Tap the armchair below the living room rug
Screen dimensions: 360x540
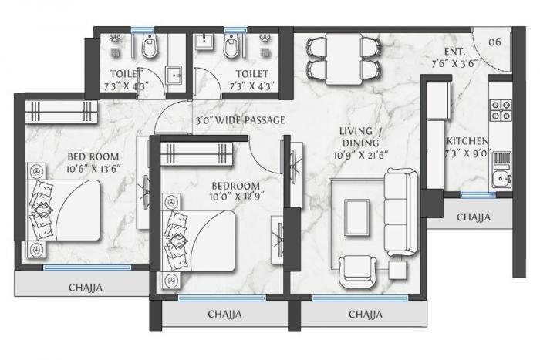(358, 271)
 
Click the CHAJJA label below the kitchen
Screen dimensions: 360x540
(474, 217)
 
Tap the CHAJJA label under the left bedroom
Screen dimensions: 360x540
(86, 287)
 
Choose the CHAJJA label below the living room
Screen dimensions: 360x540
(365, 315)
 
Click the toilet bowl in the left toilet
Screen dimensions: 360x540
(150, 48)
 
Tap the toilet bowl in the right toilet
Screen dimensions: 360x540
(230, 48)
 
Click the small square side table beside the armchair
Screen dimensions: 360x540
(398, 270)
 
